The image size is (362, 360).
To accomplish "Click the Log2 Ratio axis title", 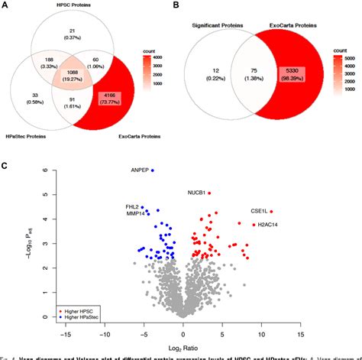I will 183,347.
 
